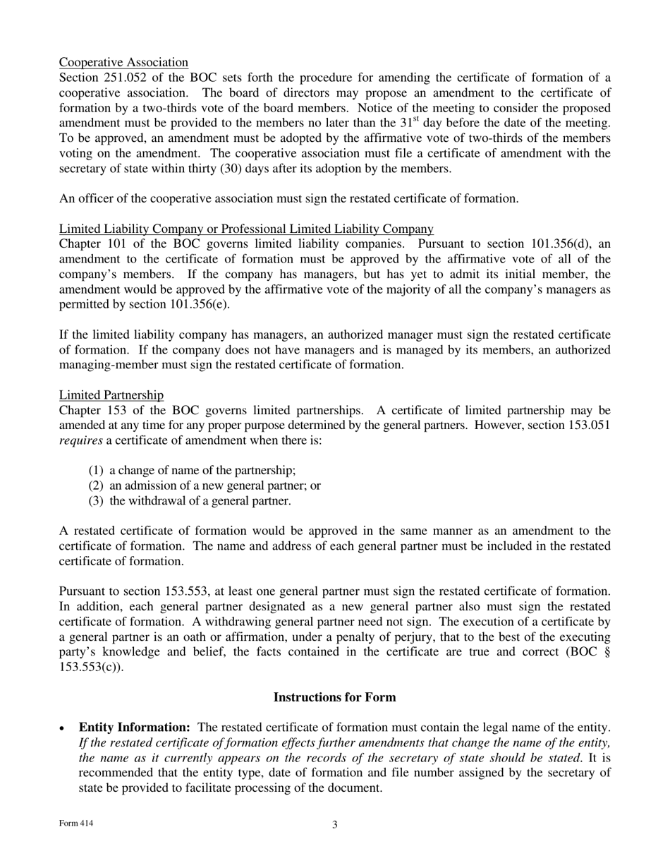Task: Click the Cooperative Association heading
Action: [123, 62]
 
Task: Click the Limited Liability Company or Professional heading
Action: [246, 229]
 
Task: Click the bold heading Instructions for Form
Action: [334, 697]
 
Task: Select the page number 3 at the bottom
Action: [335, 825]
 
